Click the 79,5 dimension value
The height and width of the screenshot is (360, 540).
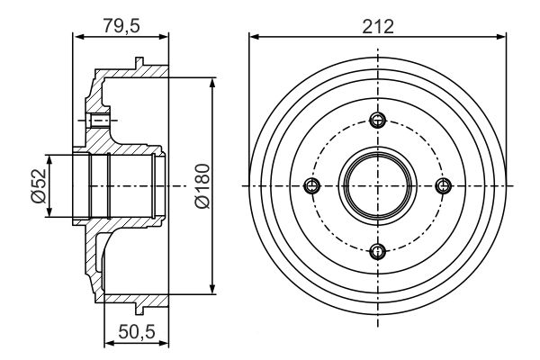(x=121, y=24)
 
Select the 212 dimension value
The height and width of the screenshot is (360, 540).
(x=378, y=24)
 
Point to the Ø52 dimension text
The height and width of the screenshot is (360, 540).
(x=39, y=186)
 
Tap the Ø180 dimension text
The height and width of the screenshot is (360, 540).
(x=202, y=186)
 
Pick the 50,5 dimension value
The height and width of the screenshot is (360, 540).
(x=136, y=331)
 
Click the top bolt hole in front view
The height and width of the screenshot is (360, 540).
(x=378, y=121)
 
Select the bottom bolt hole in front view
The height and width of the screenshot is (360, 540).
(x=378, y=250)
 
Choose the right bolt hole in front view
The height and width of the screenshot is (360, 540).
(x=443, y=185)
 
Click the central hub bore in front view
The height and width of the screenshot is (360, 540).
(x=378, y=185)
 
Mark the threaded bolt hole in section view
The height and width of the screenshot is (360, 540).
(x=100, y=121)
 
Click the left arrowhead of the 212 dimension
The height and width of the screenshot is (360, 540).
(x=254, y=37)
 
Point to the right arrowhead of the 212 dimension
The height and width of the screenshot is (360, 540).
(x=502, y=37)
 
